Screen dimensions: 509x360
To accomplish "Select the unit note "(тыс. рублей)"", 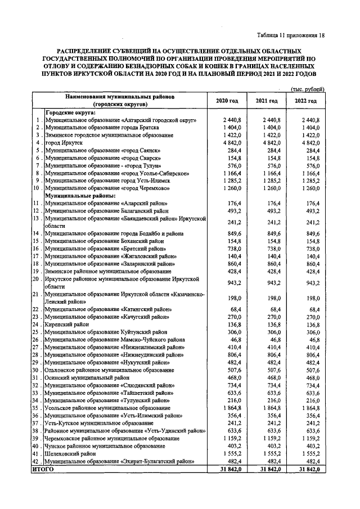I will pyautogui.click(x=308, y=89).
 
